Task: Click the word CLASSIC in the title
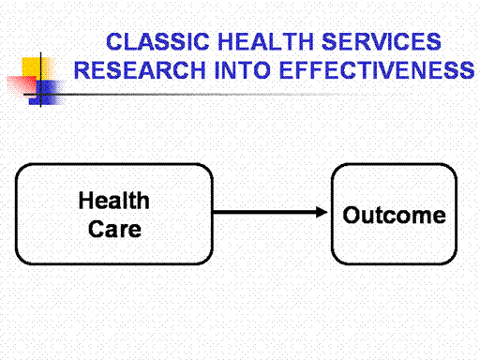tap(157, 41)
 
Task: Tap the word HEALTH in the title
tap(265, 41)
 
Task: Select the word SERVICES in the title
tap(382, 41)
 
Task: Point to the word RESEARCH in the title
tap(140, 70)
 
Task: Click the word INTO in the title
tap(243, 70)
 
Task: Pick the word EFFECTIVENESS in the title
tap(377, 70)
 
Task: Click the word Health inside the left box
tap(114, 201)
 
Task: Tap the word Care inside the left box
tap(114, 229)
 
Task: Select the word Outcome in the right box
tap(395, 215)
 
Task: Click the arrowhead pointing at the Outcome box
tap(322, 212)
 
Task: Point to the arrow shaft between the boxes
tap(264, 212)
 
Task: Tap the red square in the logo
tap(22, 85)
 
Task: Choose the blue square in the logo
tap(47, 93)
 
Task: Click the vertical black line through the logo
tap(40, 80)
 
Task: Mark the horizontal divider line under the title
tap(187, 94)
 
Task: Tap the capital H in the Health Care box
tap(86, 201)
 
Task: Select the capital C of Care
tap(97, 229)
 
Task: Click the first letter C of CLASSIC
tap(114, 41)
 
